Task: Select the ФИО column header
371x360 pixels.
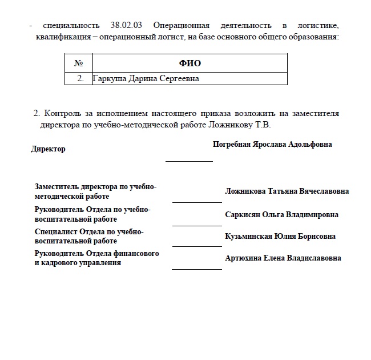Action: pyautogui.click(x=190, y=63)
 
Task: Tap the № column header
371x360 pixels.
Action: pyautogui.click(x=79, y=63)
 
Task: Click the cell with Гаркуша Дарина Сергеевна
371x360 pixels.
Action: pyautogui.click(x=146, y=78)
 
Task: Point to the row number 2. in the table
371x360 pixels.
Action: pyautogui.click(x=80, y=78)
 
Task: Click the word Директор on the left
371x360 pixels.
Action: pyautogui.click(x=49, y=149)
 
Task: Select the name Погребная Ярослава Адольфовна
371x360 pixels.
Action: pyautogui.click(x=272, y=145)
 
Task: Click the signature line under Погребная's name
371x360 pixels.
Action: pyautogui.click(x=189, y=161)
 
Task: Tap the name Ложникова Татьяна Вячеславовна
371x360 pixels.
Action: pyautogui.click(x=287, y=191)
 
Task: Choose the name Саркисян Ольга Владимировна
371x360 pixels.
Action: pyautogui.click(x=282, y=215)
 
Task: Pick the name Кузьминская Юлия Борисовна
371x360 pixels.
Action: pyautogui.click(x=280, y=237)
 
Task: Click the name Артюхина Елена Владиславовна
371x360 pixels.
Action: pyautogui.click(x=283, y=258)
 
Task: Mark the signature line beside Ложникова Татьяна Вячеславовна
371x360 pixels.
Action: pyautogui.click(x=197, y=202)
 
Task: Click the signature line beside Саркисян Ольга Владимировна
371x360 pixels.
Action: pyautogui.click(x=197, y=225)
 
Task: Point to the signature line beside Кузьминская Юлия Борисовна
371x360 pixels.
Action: pyautogui.click(x=197, y=246)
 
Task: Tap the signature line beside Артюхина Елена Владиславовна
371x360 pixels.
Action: pyautogui.click(x=197, y=269)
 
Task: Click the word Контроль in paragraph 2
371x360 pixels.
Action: pyautogui.click(x=63, y=113)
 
